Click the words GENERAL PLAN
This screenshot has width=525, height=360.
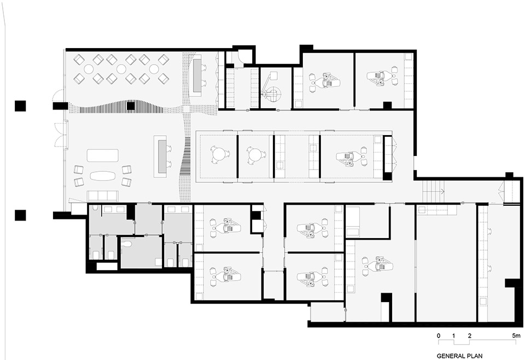460,356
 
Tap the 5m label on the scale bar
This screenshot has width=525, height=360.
517,335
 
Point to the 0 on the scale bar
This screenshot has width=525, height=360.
439,335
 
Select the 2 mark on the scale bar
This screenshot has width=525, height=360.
470,335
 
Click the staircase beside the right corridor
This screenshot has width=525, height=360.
432,191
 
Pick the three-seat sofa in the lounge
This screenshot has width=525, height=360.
102,196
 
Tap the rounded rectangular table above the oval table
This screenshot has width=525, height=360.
102,155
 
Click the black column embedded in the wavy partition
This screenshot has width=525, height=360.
131,106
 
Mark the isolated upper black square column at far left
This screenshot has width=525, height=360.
20,106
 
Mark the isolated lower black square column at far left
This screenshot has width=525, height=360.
20,214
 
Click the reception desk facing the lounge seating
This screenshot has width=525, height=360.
161,156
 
